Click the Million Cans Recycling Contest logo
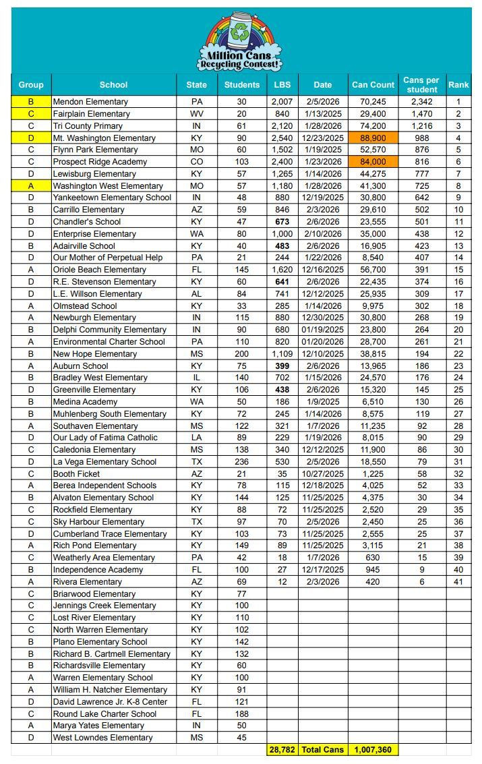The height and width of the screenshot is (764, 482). [x=240, y=42]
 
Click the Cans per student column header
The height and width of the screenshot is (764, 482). [x=421, y=85]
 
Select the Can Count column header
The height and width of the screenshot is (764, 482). [x=373, y=85]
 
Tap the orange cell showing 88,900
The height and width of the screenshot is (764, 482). [x=373, y=138]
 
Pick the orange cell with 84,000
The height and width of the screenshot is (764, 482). [x=373, y=162]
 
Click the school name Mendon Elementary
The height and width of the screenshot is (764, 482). [x=90, y=102]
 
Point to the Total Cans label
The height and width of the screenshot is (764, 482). [x=323, y=750]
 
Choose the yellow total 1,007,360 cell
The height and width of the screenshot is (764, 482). [x=373, y=750]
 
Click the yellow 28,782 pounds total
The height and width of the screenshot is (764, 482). [x=282, y=750]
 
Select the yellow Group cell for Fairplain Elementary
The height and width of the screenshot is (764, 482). [x=30, y=114]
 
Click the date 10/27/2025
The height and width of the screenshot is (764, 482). [x=323, y=473]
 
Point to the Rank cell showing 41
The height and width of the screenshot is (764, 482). [x=458, y=581]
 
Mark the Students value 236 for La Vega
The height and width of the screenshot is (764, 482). [x=241, y=462]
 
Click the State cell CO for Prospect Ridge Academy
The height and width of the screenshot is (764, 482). [x=197, y=162]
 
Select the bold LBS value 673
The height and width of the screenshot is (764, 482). [x=282, y=222]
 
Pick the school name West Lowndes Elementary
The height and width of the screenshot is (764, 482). [x=102, y=738]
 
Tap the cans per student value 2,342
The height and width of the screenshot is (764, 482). [x=421, y=102]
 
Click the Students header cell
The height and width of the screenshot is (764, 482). [x=241, y=85]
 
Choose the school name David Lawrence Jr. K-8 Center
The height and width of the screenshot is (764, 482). [x=110, y=702]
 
